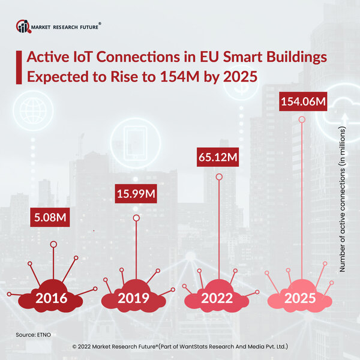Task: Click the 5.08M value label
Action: pos(50,218)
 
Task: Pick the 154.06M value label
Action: pos(303,103)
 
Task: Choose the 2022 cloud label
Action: pos(217,299)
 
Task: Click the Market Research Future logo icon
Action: pos(23,26)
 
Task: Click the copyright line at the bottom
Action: pos(180,346)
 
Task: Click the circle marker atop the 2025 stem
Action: pos(302,121)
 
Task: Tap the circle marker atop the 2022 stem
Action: pos(219,177)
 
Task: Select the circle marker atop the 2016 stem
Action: pos(54,244)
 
